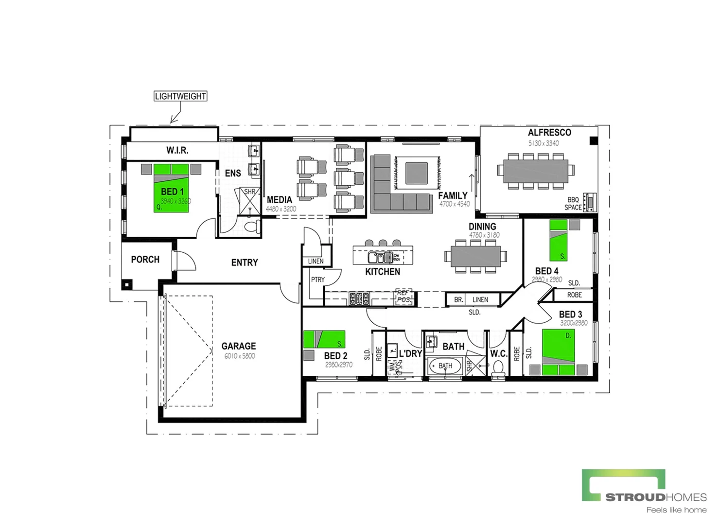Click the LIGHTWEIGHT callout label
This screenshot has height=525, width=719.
coord(180,96)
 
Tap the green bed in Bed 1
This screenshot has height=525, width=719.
coord(171,190)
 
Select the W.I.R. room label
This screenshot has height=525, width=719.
coord(177,150)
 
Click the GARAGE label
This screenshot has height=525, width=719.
coord(238,346)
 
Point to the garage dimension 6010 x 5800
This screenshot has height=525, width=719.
coord(239,356)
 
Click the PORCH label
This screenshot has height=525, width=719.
coord(145,260)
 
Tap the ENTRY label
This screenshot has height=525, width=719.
coord(245,262)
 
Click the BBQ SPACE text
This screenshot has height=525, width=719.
coord(573,204)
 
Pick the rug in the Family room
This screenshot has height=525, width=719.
coord(417,173)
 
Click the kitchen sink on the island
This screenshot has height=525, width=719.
coord(379,257)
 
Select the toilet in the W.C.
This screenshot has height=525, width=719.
coord(498,370)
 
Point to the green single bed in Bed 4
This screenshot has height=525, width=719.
coord(558,241)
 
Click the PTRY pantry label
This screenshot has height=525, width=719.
coord(317,280)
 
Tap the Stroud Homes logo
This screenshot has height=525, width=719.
coord(644,491)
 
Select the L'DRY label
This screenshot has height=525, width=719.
coord(410,353)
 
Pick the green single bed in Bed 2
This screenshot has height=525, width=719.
coord(324,339)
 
